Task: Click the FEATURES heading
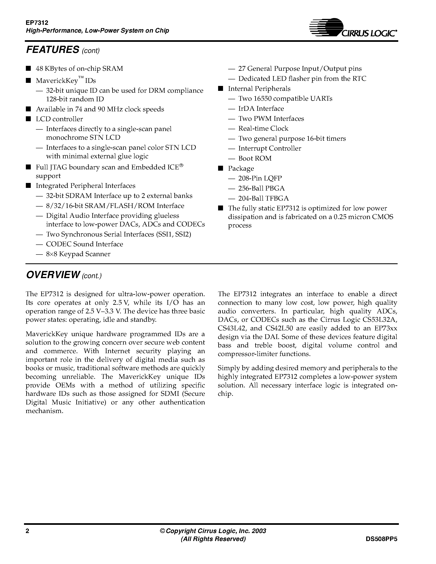53,50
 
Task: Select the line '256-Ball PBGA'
261,188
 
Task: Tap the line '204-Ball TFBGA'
263,198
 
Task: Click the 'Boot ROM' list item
255,158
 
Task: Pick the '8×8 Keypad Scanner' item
78,254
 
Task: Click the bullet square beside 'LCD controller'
28,119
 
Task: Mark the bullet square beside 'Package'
220,168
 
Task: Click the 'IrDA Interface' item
261,108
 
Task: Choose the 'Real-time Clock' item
263,128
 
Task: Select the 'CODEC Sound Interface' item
85,244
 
